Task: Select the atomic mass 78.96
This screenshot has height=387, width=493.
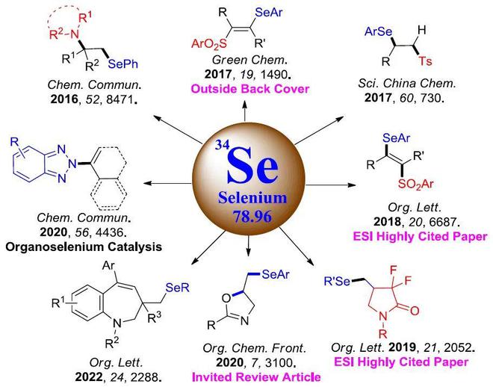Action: tap(252, 217)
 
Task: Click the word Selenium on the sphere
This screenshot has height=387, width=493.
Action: tap(252, 198)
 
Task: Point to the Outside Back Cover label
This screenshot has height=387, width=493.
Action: tap(250, 89)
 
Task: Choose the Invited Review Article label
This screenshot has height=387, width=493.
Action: tap(256, 377)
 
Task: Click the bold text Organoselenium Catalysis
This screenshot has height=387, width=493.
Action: tap(84, 247)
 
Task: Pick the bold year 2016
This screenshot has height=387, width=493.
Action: tap(64, 99)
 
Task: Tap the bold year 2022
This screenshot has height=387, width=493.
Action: tap(89, 377)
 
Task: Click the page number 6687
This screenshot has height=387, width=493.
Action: tap(442, 222)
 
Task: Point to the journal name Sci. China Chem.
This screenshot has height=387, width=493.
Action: tap(407, 84)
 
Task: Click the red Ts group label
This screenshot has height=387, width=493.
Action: tap(426, 61)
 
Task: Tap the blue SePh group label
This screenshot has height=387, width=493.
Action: tap(123, 64)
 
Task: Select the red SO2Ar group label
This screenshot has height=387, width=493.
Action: tap(416, 185)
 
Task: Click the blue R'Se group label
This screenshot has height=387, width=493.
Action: tap(337, 281)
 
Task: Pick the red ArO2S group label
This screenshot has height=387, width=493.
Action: tap(209, 44)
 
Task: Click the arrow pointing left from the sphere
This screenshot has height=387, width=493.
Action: tap(167, 183)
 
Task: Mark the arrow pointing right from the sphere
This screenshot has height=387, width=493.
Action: tap(331, 185)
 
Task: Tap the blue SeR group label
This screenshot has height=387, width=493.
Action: tap(178, 288)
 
